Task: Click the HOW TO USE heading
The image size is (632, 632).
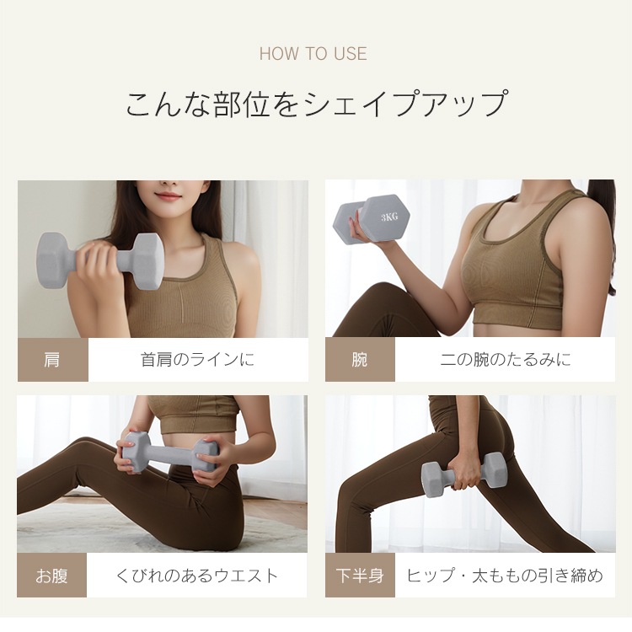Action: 313,54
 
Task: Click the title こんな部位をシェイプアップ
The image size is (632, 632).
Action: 316,104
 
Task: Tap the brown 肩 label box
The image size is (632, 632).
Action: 52,360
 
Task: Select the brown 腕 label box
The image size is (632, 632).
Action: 360,360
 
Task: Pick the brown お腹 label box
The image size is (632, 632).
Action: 52,576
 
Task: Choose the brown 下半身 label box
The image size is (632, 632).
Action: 360,576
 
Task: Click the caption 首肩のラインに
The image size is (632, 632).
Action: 197,360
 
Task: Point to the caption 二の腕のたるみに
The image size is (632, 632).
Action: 505,360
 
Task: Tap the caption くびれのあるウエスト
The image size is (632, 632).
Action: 197,576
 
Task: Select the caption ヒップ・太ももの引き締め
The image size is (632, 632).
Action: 505,576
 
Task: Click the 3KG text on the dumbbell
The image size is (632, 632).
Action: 389,217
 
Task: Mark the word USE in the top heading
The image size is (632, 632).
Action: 349,54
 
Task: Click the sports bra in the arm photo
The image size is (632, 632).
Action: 514,270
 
